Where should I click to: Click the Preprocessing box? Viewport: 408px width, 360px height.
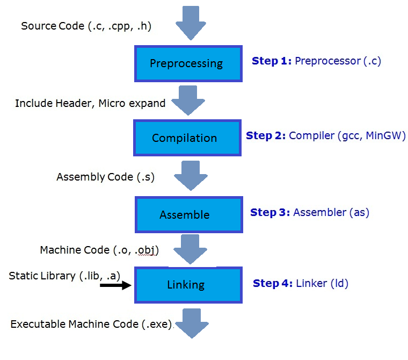point(186,63)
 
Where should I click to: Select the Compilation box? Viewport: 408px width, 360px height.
point(185,138)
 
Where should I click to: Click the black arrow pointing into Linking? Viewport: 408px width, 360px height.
point(116,285)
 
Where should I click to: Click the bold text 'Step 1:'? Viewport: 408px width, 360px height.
point(272,61)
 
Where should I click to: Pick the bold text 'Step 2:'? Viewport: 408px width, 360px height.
point(266,135)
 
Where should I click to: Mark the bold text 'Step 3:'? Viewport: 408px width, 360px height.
point(270,212)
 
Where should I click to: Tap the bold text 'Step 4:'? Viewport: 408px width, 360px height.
point(273,283)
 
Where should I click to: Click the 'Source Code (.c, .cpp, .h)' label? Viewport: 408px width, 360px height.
point(86,26)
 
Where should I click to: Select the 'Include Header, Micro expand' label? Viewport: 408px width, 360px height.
point(90,103)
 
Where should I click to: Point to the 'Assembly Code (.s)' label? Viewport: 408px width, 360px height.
point(105,177)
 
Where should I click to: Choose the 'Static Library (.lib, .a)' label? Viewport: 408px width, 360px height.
point(64,276)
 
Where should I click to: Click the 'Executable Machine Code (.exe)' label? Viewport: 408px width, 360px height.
point(91,324)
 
